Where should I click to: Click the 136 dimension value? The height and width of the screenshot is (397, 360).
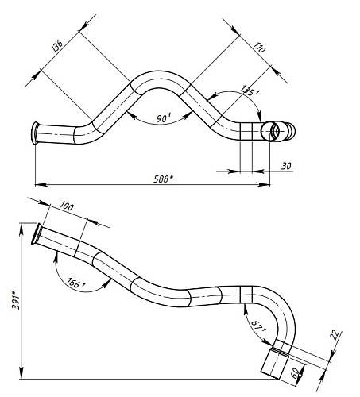(x=56, y=46)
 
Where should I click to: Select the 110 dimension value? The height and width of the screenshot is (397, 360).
(x=259, y=48)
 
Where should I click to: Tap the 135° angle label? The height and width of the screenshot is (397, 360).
(x=250, y=91)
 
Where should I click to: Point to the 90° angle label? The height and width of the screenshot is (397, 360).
(x=164, y=118)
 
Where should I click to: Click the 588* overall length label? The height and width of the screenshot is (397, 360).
(x=163, y=179)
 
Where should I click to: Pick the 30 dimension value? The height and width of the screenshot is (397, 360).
(x=286, y=166)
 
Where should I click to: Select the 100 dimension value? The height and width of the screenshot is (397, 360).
(x=67, y=206)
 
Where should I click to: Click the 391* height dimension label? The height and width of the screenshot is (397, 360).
(x=15, y=300)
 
